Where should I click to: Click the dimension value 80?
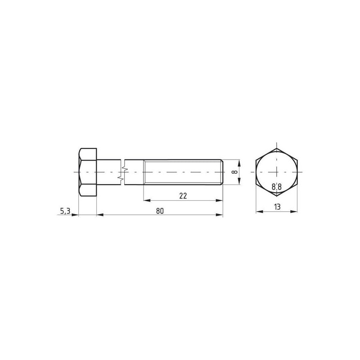[x=160, y=211]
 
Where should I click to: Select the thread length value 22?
[x=183, y=196]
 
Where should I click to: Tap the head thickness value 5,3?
[x=65, y=211]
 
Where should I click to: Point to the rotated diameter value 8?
[x=234, y=172]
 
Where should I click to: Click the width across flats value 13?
[x=277, y=207]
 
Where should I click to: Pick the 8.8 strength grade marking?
[x=277, y=187]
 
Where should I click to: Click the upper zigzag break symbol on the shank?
[x=125, y=169]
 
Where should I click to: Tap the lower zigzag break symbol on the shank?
[x=121, y=178]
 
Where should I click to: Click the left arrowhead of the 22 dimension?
[x=147, y=200]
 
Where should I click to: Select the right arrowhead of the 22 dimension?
[x=219, y=200]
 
